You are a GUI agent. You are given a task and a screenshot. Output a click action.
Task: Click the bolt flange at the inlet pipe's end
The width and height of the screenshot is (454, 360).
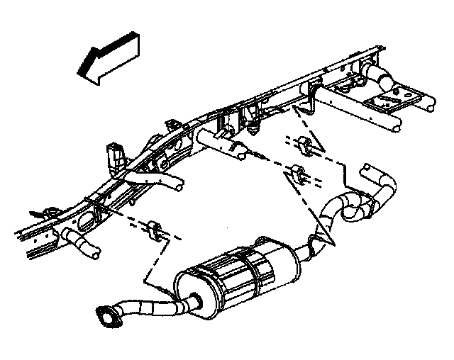[x=107, y=315]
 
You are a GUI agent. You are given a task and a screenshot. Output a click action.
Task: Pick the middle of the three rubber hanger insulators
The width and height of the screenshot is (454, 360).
[x=299, y=173]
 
